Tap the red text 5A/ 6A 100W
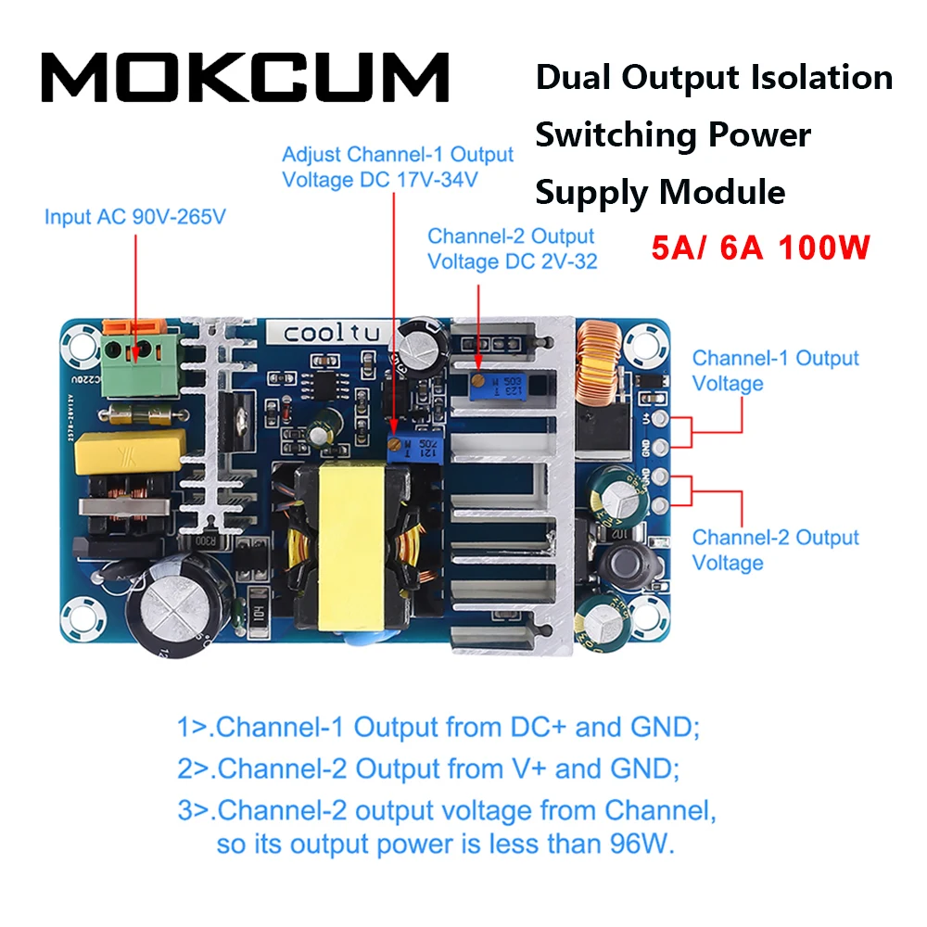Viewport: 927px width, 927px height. tap(760, 248)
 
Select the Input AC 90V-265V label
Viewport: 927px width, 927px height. tap(135, 217)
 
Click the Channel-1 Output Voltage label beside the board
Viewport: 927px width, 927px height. tap(776, 370)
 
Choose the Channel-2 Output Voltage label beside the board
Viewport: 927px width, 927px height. tap(776, 550)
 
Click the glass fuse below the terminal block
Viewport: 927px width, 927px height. tap(139, 412)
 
